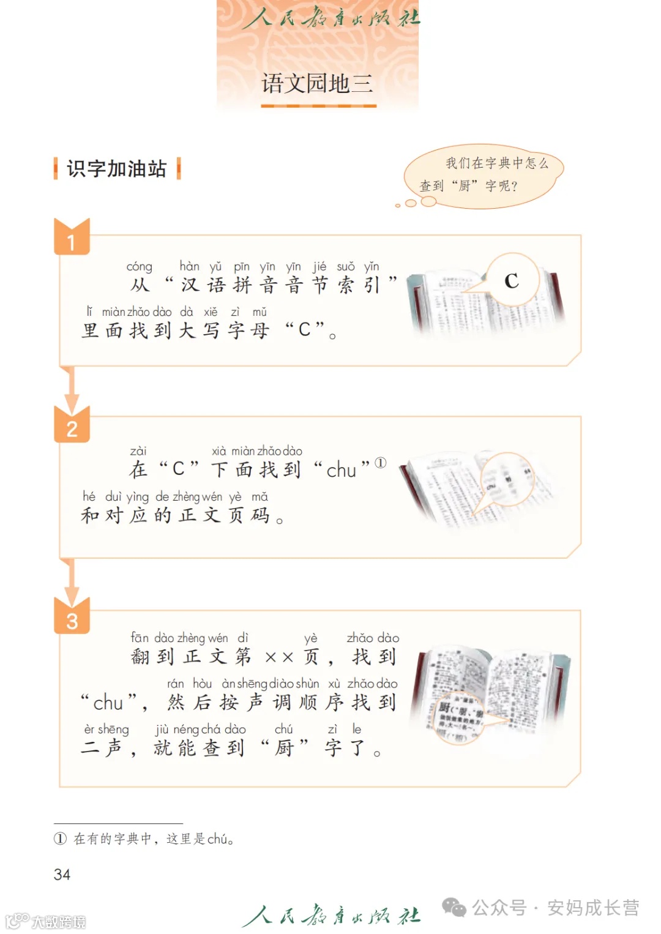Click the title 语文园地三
pyautogui.click(x=317, y=83)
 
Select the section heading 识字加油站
pyautogui.click(x=116, y=168)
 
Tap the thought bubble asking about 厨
pyautogui.click(x=484, y=175)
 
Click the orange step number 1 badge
pyautogui.click(x=72, y=241)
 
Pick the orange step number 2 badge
pyautogui.click(x=72, y=428)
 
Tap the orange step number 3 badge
pyautogui.click(x=72, y=620)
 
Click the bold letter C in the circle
pyautogui.click(x=512, y=281)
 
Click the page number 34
pyautogui.click(x=62, y=874)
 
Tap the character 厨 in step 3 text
pyautogui.click(x=284, y=748)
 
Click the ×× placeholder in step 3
pyautogui.click(x=279, y=657)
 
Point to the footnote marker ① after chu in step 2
pyautogui.click(x=381, y=463)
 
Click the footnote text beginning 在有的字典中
pyautogui.click(x=153, y=839)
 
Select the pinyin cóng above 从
pyautogui.click(x=139, y=267)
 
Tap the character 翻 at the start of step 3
pyautogui.click(x=140, y=657)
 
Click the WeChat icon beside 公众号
pyautogui.click(x=454, y=907)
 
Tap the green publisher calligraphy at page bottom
pyautogui.click(x=330, y=915)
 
